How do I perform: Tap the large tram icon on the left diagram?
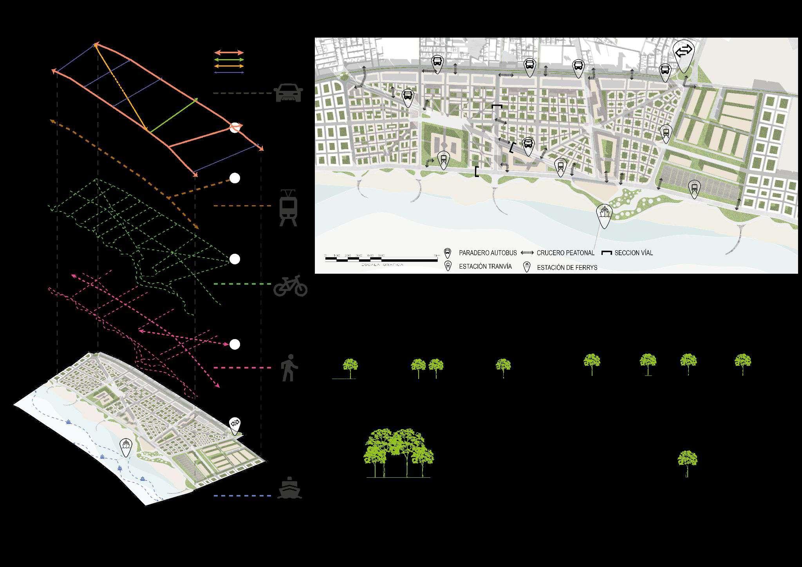pyautogui.click(x=288, y=208)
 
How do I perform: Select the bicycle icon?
pyautogui.click(x=290, y=285)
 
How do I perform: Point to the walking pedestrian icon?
pyautogui.click(x=289, y=368)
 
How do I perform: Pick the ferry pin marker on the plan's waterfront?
pyautogui.click(x=604, y=215)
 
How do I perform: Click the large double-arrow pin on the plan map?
pyautogui.click(x=683, y=55)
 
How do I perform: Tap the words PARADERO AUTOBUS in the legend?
pyautogui.click(x=488, y=253)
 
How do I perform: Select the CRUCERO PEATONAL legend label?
pyautogui.click(x=565, y=253)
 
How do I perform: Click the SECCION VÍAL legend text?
pyautogui.click(x=633, y=253)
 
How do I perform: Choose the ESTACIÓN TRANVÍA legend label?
pyautogui.click(x=485, y=267)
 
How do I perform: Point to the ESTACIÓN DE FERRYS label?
pyautogui.click(x=567, y=268)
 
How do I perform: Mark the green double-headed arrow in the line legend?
pyautogui.click(x=229, y=60)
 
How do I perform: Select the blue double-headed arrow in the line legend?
pyautogui.click(x=229, y=72)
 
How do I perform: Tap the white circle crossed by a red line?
pyautogui.click(x=235, y=128)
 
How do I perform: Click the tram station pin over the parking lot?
pyautogui.click(x=694, y=189)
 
